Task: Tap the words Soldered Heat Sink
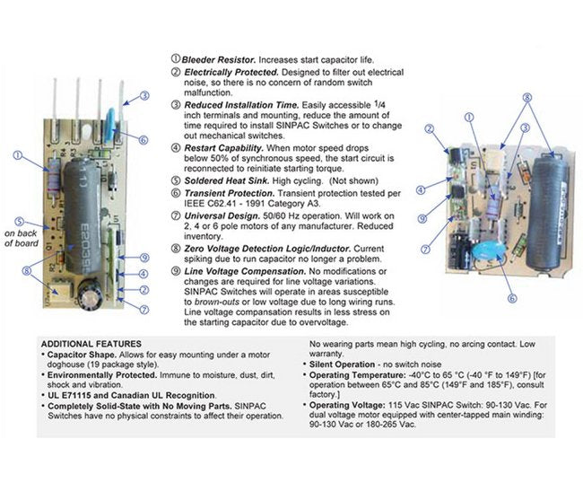(x=222, y=178)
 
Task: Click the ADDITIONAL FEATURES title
(x=91, y=344)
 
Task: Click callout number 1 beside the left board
(x=17, y=155)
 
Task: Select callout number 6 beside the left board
(x=143, y=139)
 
